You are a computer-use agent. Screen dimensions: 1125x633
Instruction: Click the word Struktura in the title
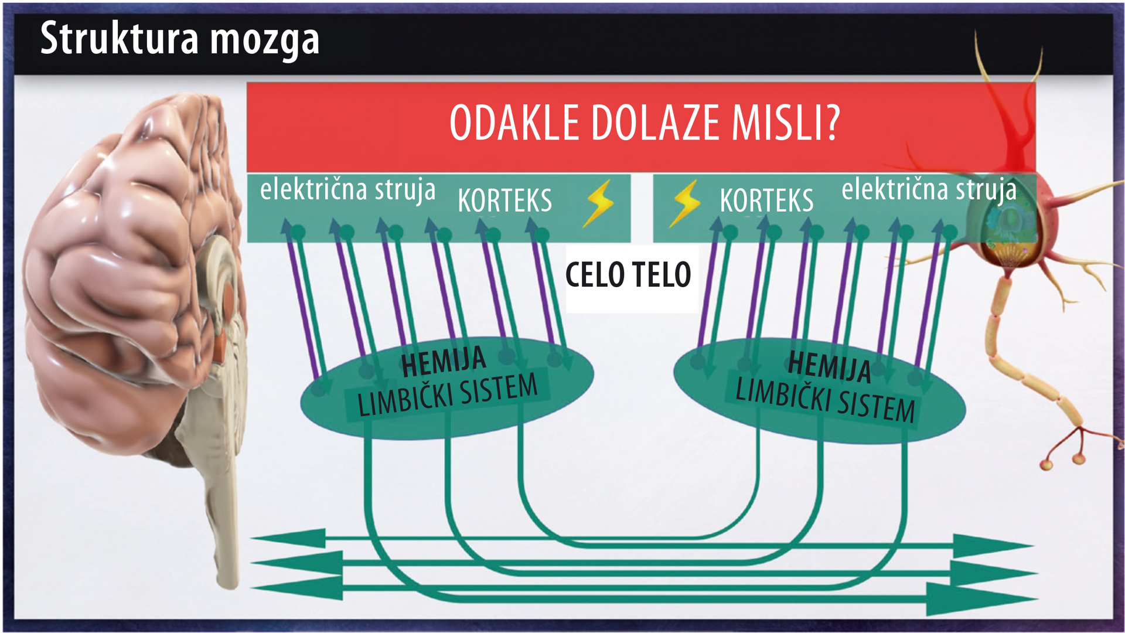(x=120, y=38)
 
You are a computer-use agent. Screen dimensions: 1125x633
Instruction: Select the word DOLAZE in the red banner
(x=655, y=123)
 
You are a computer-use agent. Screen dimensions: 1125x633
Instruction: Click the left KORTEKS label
(x=504, y=201)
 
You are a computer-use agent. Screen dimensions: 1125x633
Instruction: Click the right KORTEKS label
(x=766, y=201)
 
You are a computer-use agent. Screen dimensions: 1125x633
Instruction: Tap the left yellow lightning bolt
(x=598, y=203)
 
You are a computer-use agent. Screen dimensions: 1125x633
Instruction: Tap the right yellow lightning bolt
(x=685, y=203)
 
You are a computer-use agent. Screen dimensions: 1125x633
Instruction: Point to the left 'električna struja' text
(x=348, y=190)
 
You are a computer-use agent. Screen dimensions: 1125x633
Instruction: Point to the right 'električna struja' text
(x=929, y=190)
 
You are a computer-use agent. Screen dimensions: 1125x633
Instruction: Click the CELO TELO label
(x=628, y=275)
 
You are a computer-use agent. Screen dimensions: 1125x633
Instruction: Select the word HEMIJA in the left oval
(x=444, y=362)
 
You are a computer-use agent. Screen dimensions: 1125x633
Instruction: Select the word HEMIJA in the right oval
(x=829, y=366)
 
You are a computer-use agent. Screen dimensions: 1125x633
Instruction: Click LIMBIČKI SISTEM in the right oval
(x=825, y=400)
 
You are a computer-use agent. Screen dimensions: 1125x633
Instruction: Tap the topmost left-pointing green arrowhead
(x=288, y=538)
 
